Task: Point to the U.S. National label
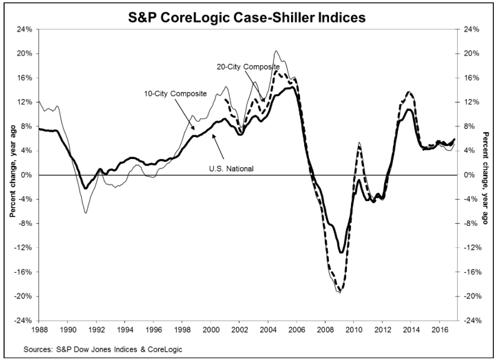231,169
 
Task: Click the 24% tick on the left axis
24,29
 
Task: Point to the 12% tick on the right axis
469,102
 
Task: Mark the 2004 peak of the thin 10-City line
277,52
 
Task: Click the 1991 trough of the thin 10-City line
85,212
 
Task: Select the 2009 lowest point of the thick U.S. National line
341,252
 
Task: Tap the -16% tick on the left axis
23,272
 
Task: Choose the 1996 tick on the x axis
154,327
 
